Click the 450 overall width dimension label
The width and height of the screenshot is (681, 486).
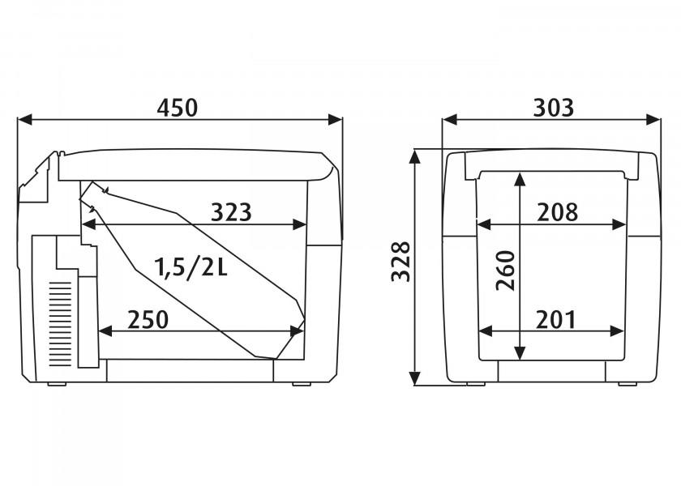[x=178, y=108]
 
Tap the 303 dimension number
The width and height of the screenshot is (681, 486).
[x=553, y=108]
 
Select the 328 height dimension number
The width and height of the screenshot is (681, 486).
[x=400, y=262]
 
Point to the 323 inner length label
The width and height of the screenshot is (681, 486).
[x=231, y=212]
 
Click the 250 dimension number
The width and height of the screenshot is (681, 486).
[x=148, y=320]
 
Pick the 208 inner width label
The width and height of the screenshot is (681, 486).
[x=558, y=212]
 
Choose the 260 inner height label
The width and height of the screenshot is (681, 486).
[x=506, y=271]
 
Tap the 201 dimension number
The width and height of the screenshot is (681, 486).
[x=556, y=320]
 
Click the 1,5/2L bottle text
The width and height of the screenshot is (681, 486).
[x=191, y=267]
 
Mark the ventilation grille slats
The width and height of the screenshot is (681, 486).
[x=60, y=324]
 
